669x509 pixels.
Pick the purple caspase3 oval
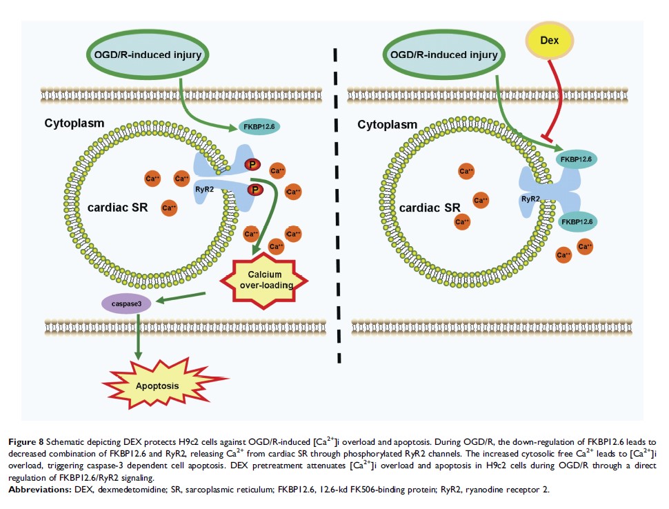127,302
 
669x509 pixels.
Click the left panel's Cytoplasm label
74,123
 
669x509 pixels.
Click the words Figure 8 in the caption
26,440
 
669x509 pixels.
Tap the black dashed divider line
337,207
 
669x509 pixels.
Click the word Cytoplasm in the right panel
387,125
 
